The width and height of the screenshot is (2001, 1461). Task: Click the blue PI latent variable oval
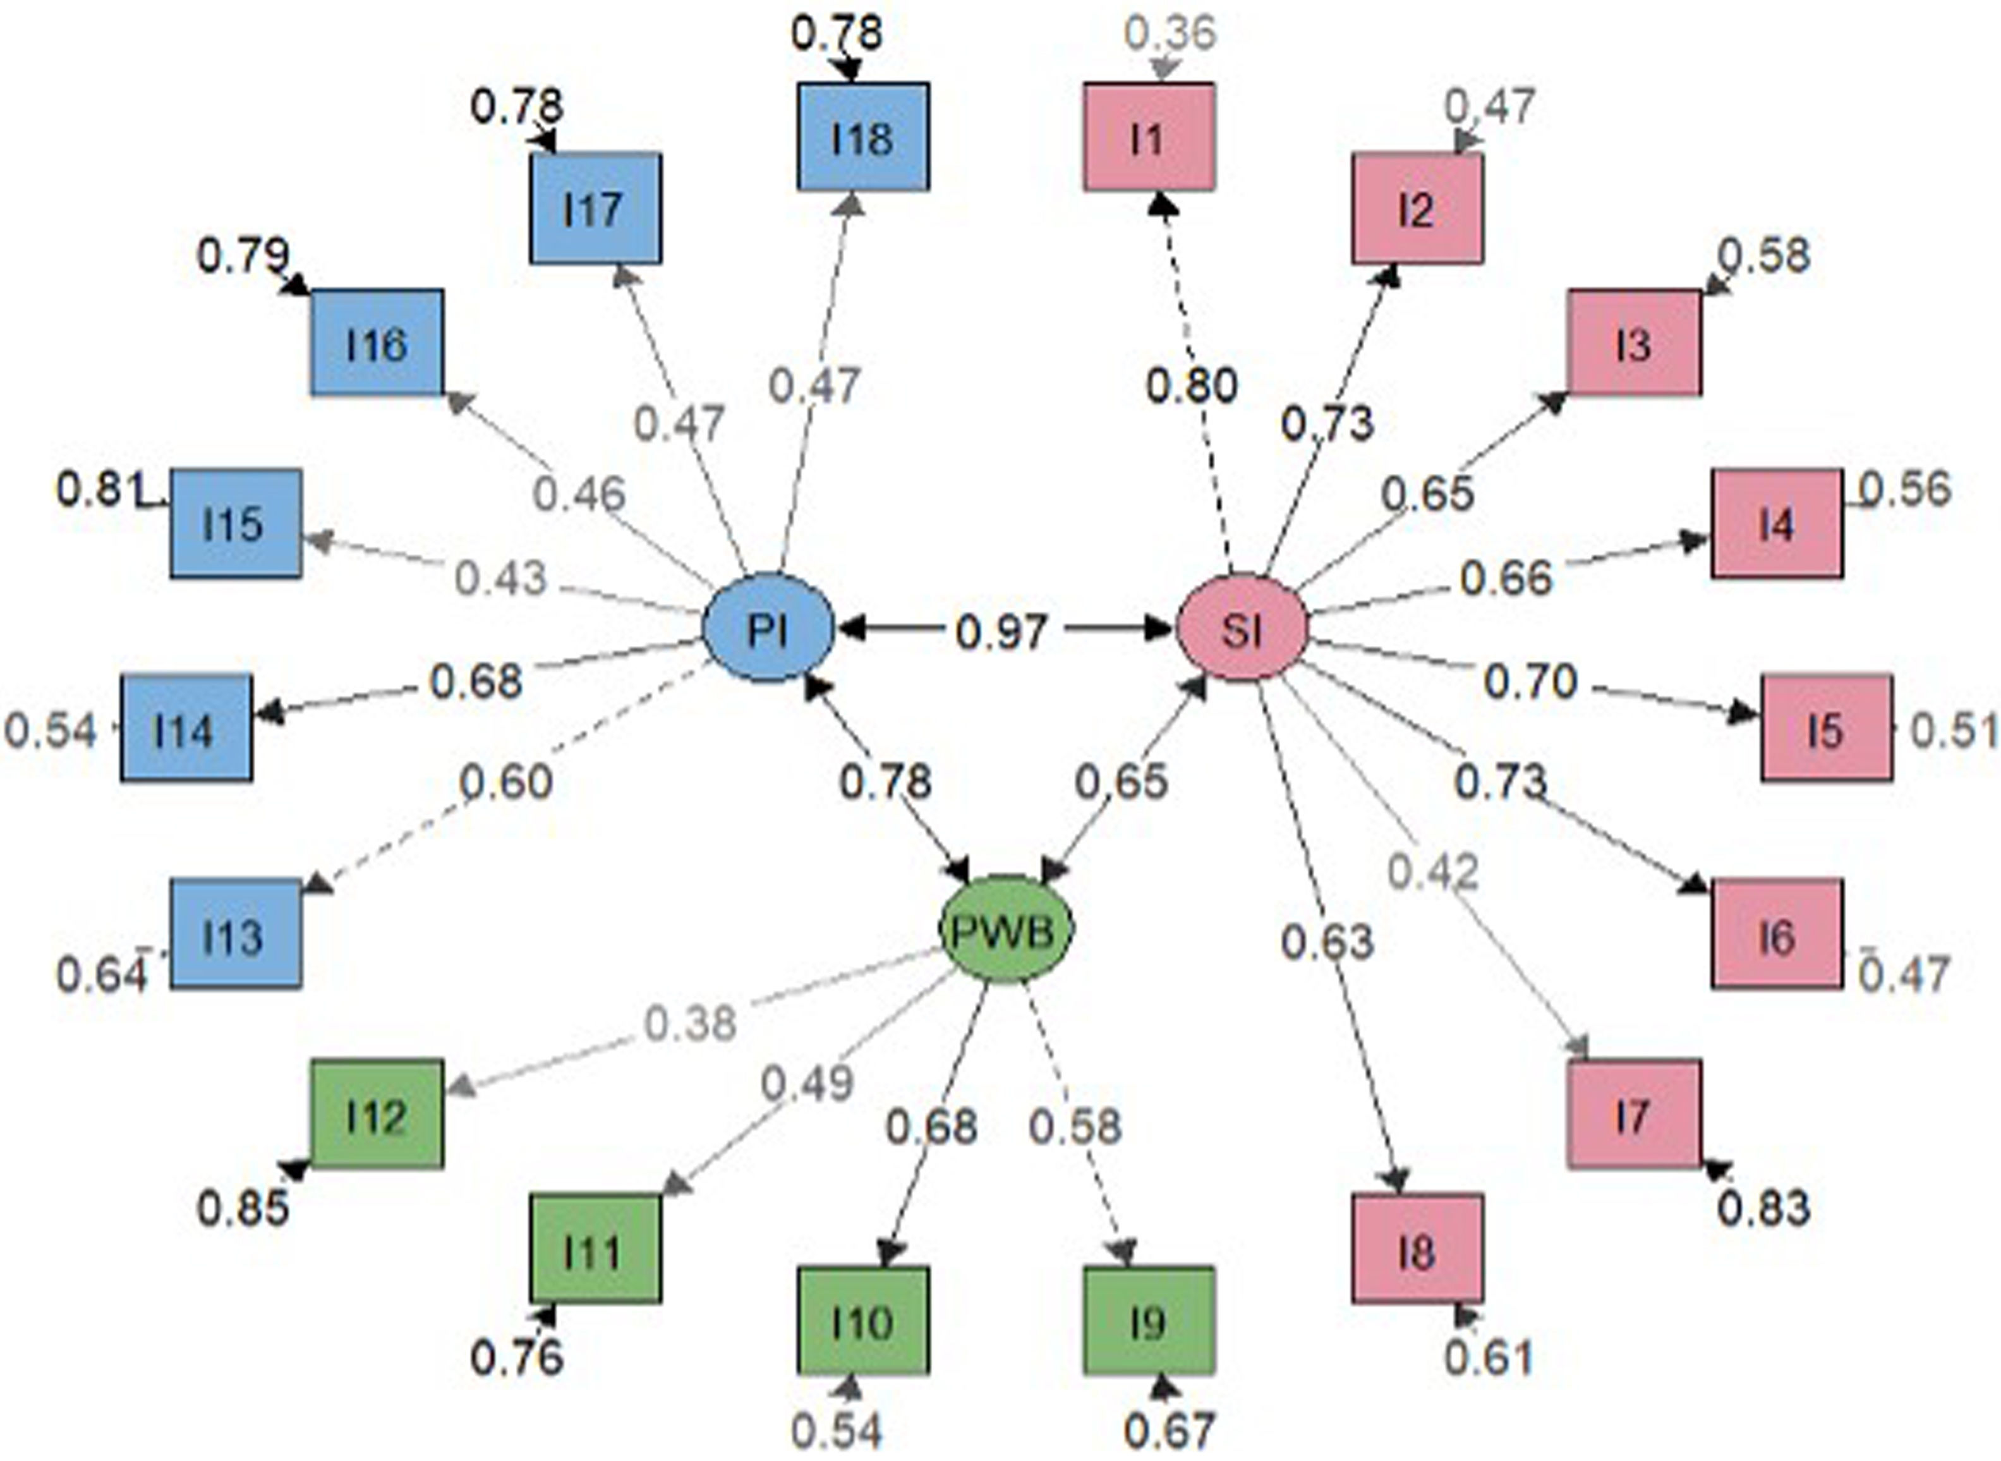[x=768, y=628]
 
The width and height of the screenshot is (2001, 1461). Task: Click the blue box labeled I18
[x=863, y=137]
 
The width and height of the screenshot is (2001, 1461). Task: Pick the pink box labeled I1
[x=1149, y=137]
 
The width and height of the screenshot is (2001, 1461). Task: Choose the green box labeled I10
[x=863, y=1321]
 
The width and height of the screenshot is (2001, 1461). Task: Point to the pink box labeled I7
[x=1633, y=1113]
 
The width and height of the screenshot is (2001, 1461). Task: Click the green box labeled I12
[x=377, y=1113]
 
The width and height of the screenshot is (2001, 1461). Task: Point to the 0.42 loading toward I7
[x=1432, y=872]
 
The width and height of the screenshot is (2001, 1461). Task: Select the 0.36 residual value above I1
[x=1170, y=33]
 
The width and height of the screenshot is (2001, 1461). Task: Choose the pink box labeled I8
[x=1417, y=1249]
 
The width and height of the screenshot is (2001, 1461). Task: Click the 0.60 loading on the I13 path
[x=507, y=782]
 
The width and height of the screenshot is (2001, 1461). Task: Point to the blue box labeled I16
[x=377, y=343]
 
